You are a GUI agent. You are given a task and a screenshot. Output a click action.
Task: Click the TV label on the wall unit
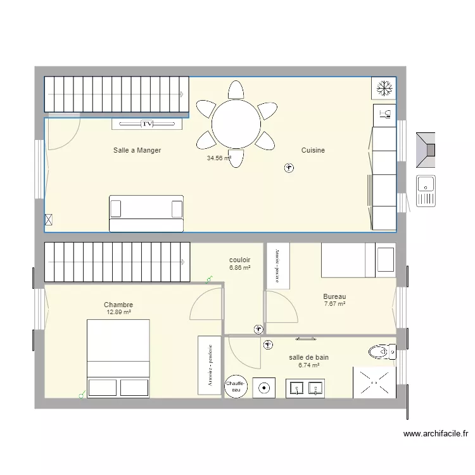148,124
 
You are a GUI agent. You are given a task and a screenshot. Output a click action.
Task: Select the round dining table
236,124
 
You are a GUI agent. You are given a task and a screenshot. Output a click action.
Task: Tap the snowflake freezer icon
383,88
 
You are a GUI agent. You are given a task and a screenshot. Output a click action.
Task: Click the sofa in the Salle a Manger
146,213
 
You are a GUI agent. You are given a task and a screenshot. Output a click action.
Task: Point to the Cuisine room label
313,150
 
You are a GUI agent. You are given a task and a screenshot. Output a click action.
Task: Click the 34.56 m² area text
218,158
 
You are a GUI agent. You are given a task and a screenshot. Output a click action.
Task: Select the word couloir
239,260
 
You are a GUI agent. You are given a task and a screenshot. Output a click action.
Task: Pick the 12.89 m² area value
118,312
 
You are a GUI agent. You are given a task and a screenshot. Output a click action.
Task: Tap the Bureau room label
334,296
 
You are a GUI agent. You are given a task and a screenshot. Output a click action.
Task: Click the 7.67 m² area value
334,304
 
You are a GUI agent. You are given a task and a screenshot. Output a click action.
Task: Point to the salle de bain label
308,357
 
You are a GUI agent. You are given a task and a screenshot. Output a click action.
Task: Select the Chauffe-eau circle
236,387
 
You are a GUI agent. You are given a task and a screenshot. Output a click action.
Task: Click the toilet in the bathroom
381,351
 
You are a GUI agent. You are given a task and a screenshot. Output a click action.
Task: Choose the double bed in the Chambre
118,358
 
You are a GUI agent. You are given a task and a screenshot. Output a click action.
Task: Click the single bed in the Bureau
358,260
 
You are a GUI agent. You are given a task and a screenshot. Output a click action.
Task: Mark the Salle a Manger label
137,150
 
